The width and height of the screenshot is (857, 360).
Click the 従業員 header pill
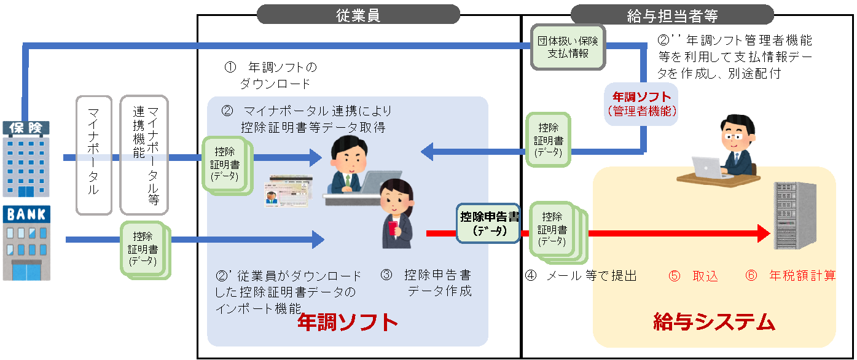358,14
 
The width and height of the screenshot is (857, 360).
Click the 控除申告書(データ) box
490,223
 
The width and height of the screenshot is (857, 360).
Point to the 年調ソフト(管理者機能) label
642,104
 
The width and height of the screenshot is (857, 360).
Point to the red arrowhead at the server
763,233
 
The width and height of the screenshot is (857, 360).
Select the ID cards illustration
289,190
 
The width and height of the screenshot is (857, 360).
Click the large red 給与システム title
713,321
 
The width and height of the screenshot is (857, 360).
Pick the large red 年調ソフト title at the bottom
348,322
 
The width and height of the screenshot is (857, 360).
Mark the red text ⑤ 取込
693,276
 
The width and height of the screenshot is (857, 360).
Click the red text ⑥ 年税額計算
791,276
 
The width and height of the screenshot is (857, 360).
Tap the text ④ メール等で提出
581,276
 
